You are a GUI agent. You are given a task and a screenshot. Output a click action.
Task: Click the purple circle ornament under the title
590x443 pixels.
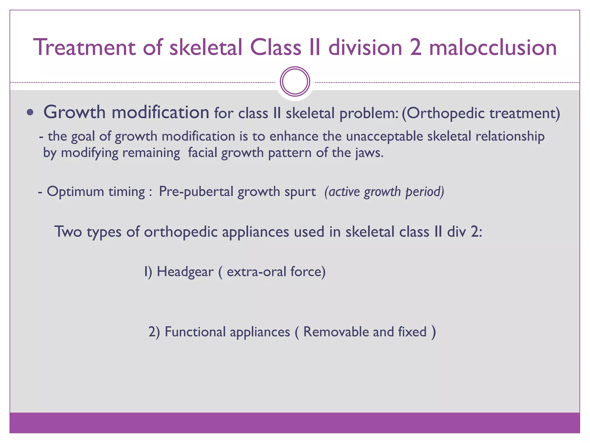[x=295, y=82]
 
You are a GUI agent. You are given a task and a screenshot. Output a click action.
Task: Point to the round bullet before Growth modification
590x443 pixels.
[x=30, y=112]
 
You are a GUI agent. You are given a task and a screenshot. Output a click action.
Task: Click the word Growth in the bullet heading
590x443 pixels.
[x=75, y=112]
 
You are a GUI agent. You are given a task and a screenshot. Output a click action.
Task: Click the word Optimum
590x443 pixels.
[x=75, y=192]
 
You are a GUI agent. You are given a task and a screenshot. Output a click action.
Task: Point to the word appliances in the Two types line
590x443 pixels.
[x=255, y=232]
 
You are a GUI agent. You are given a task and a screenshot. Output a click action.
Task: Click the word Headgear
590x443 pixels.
[x=185, y=272]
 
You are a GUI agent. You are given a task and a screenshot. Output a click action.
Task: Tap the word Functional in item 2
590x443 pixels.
[x=195, y=332]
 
